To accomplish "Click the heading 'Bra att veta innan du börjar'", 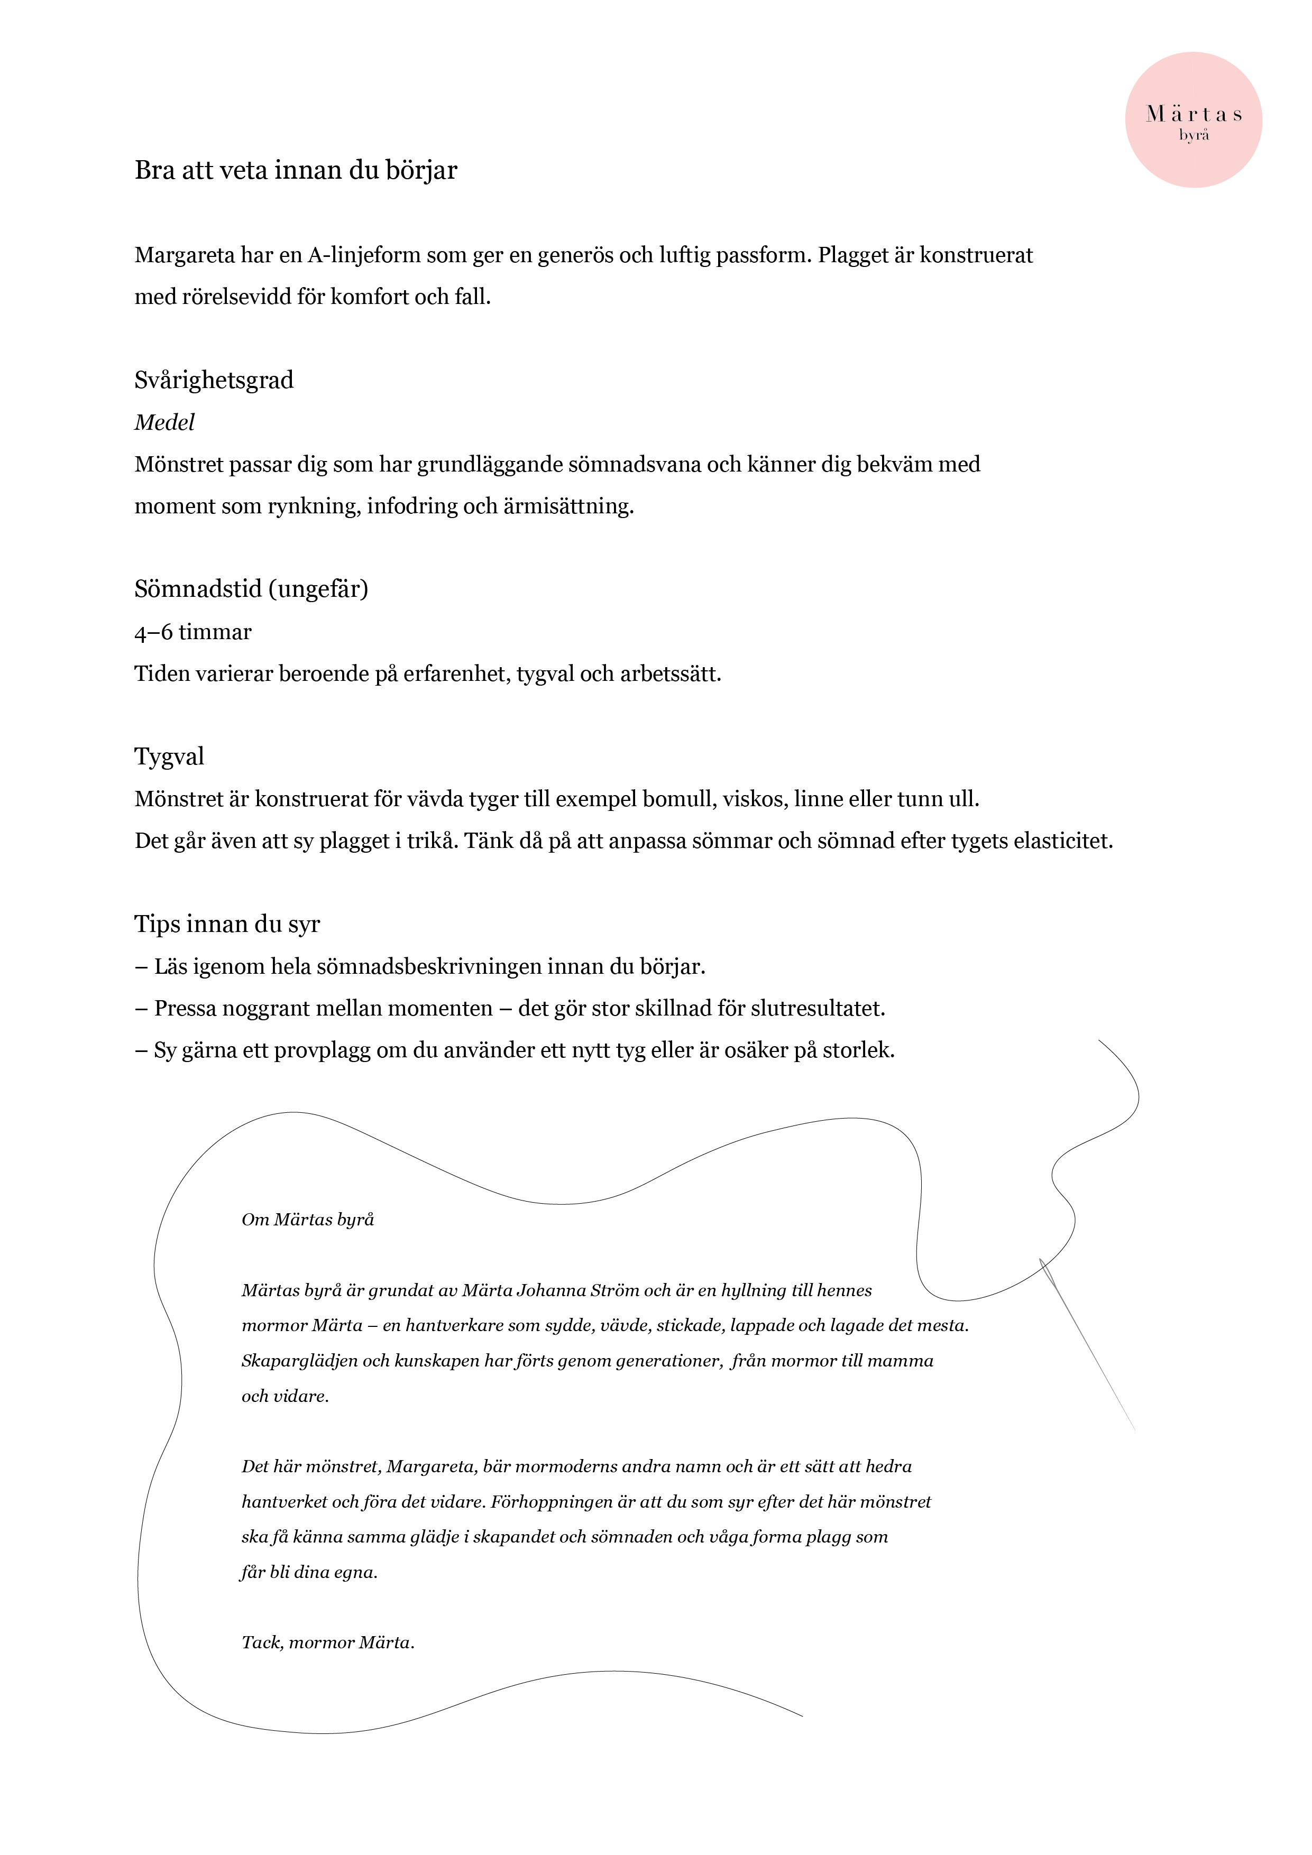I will [296, 170].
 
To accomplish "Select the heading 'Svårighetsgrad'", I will [214, 381].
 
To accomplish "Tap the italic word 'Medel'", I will [165, 422].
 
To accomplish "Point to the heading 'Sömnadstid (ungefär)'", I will [251, 589].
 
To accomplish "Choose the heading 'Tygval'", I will [169, 757].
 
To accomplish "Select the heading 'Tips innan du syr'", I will [227, 924].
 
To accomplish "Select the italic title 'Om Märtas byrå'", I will [308, 1220].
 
